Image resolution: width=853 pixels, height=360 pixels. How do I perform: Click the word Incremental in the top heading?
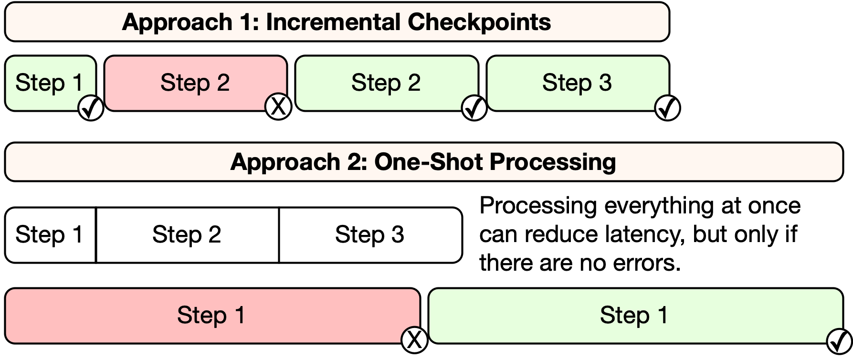[333, 22]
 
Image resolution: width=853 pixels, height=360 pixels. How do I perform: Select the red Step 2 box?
[195, 83]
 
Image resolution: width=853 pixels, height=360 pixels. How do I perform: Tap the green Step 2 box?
[386, 83]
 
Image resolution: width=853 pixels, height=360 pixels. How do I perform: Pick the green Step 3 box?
[577, 83]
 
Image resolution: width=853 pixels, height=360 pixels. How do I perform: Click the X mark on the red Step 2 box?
[278, 107]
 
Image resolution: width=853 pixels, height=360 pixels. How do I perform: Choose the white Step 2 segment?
[187, 235]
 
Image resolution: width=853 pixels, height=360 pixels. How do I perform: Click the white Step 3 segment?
[369, 235]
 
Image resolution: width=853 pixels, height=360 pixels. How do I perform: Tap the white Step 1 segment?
[49, 235]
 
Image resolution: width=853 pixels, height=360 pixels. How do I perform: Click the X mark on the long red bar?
[414, 340]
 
